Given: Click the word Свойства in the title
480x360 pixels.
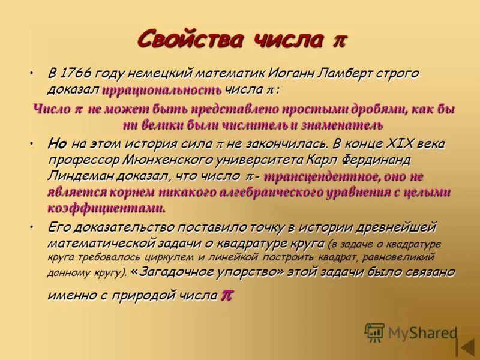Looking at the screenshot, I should [x=190, y=40].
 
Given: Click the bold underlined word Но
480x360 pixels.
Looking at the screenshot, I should [x=57, y=144].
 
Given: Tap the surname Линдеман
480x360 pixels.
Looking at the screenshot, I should [x=80, y=176].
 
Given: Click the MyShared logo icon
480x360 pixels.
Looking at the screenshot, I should [x=374, y=332].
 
